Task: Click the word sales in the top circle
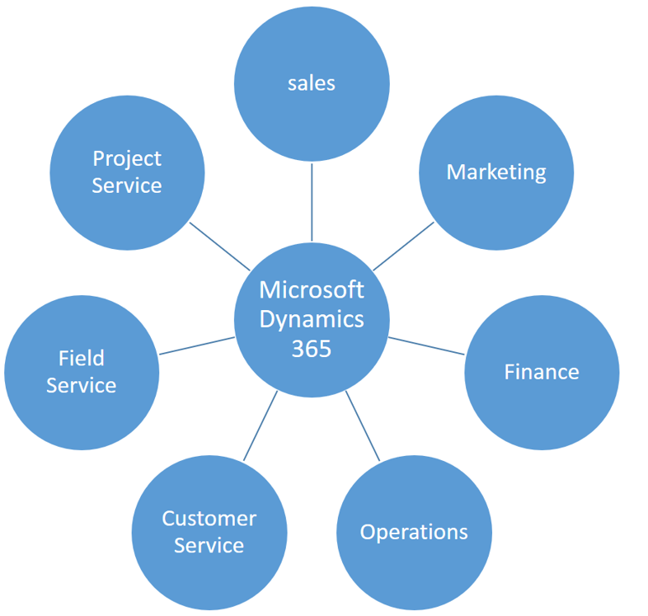click(311, 83)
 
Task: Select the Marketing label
click(496, 172)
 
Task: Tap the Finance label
click(542, 372)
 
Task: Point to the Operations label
click(414, 532)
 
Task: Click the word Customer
click(209, 519)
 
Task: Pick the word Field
click(82, 358)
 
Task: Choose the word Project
click(127, 159)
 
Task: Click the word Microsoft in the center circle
click(312, 289)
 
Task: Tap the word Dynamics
click(312, 320)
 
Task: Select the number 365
click(311, 349)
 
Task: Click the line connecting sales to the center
click(312, 202)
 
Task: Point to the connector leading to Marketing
click(403, 247)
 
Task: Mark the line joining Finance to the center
click(426, 346)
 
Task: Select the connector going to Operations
click(363, 426)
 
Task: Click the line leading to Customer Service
click(261, 426)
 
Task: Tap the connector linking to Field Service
click(197, 346)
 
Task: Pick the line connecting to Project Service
click(219, 247)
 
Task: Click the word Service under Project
click(127, 186)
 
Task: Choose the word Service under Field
click(82, 385)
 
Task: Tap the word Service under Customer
click(209, 545)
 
